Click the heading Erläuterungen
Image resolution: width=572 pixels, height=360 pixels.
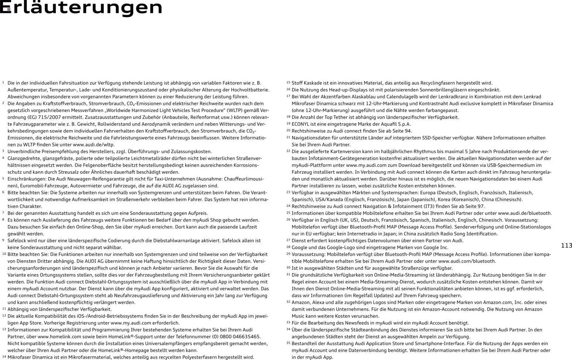(x=81, y=8)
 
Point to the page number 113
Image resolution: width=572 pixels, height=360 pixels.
(x=566, y=246)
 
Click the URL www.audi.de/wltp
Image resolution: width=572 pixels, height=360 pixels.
(x=94, y=145)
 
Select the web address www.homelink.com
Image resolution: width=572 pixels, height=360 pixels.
(x=59, y=336)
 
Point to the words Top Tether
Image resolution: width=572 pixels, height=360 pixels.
(x=337, y=117)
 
